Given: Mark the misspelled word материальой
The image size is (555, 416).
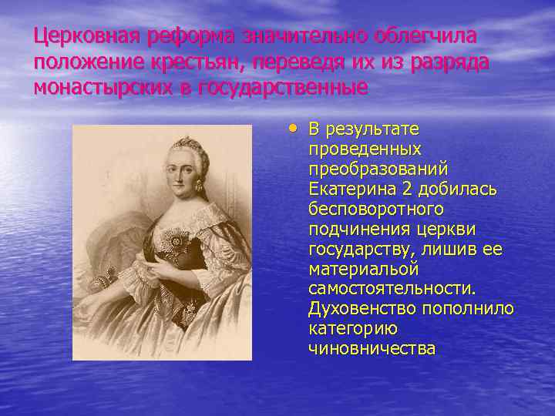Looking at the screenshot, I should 363,269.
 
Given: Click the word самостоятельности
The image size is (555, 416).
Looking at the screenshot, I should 392,289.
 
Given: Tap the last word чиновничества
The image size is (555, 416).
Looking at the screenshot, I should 372,349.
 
